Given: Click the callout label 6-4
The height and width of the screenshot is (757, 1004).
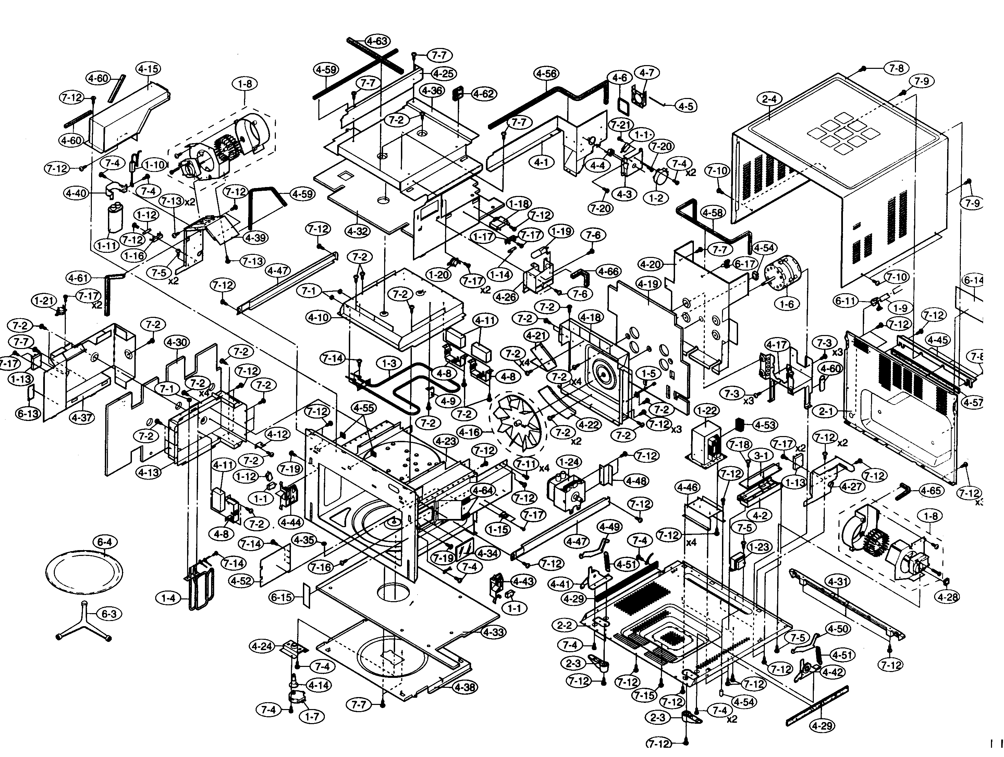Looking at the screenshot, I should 104,542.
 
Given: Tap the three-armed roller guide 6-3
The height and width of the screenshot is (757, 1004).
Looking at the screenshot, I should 84,621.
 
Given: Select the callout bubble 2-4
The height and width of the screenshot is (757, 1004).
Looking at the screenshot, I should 769,99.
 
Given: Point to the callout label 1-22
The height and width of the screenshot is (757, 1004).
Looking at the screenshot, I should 707,411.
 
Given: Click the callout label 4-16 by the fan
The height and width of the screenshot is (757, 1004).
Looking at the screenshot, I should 469,432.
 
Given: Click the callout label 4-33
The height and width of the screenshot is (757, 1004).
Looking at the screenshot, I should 493,632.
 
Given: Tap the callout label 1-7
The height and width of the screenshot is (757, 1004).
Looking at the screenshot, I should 312,717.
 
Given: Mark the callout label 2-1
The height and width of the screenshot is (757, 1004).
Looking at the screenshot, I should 825,411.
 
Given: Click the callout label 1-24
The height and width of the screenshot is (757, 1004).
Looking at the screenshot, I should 569,462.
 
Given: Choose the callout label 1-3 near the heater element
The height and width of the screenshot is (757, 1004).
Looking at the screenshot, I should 389,363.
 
